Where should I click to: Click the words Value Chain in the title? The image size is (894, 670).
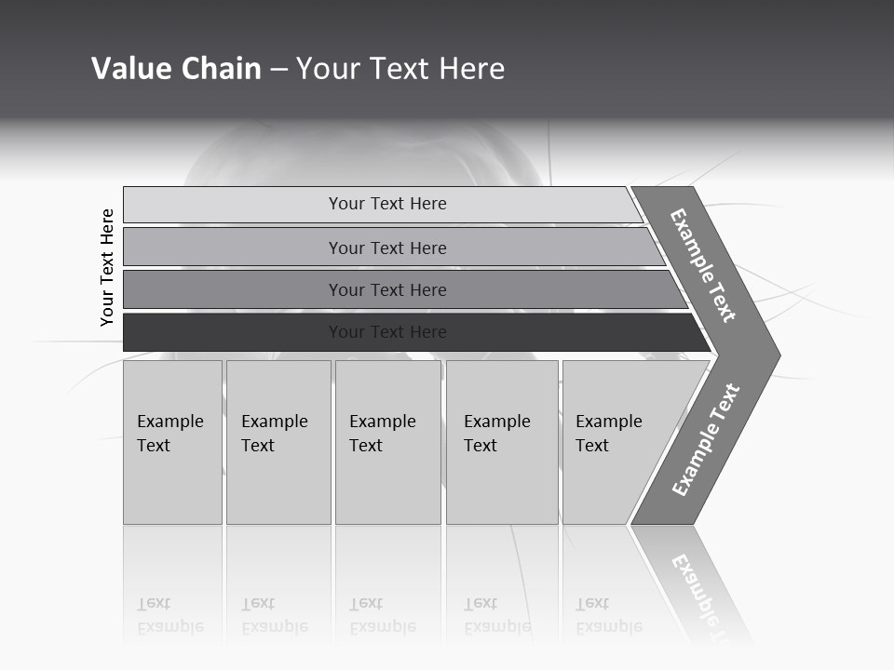(176, 69)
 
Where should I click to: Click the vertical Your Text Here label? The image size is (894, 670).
(107, 267)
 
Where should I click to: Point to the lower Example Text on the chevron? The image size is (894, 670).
(705, 440)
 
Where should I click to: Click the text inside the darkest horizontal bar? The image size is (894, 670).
(387, 332)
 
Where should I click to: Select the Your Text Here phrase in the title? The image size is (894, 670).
(400, 69)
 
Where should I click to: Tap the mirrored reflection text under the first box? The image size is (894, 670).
(169, 615)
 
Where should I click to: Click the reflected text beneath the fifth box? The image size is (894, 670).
(608, 615)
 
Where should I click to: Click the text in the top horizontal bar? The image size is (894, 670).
(387, 204)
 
